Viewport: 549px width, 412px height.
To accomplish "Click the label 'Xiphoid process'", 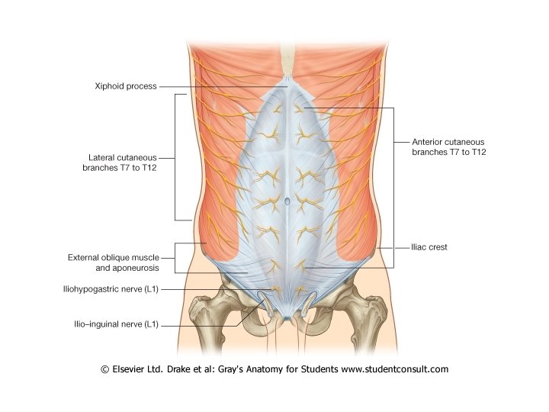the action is pyautogui.click(x=127, y=86).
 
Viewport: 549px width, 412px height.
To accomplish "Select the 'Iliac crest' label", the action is pyautogui.click(x=430, y=247).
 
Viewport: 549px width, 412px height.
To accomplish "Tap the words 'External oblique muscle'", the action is pyautogui.click(x=113, y=258).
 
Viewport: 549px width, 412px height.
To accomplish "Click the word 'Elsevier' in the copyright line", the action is pyautogui.click(x=133, y=369).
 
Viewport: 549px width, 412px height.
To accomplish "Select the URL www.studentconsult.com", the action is pyautogui.click(x=394, y=369).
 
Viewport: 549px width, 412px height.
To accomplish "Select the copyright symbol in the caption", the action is pyautogui.click(x=105, y=369).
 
